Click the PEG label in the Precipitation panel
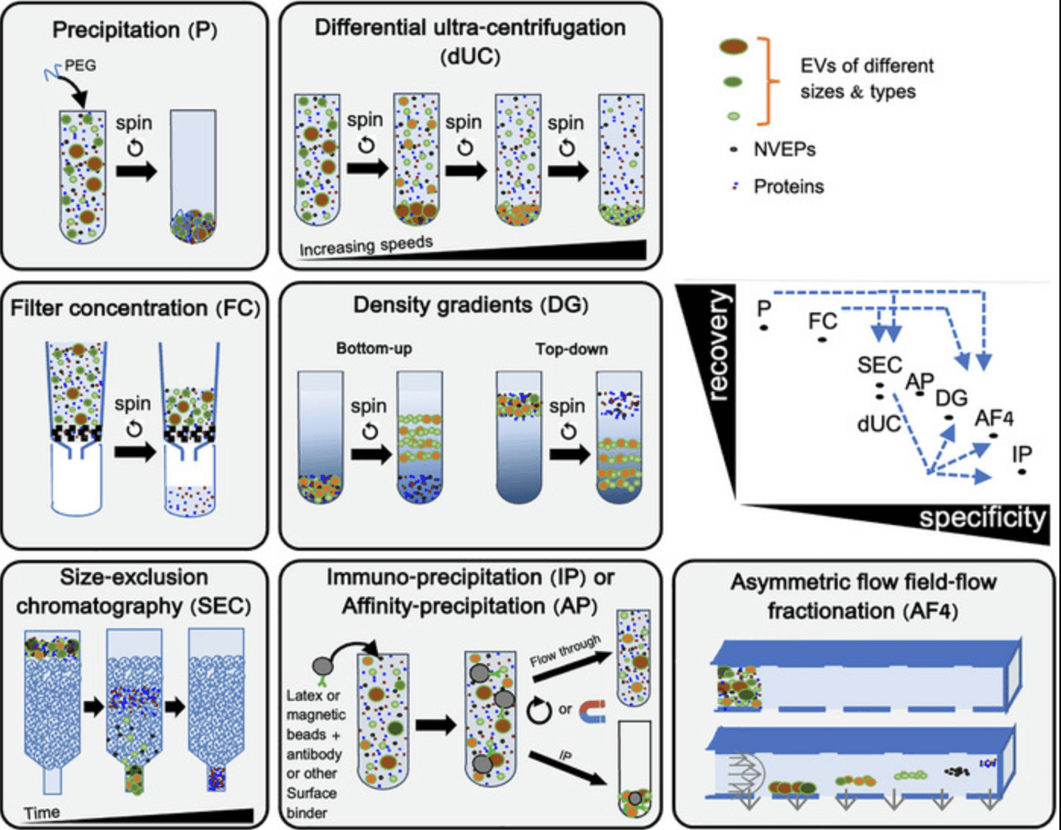point(80,65)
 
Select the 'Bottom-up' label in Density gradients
point(374,348)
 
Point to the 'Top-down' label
point(571,349)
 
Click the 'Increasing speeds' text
point(367,246)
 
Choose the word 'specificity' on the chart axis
point(982,517)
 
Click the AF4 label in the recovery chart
point(995,418)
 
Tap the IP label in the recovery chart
point(1022,454)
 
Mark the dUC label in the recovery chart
point(879,425)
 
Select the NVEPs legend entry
point(784,149)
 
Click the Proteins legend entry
point(788,187)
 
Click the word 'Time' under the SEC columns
point(42,813)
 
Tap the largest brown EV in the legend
point(733,47)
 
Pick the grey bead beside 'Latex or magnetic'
point(323,665)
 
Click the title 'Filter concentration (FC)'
point(135,308)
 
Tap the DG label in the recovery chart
point(951,398)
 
